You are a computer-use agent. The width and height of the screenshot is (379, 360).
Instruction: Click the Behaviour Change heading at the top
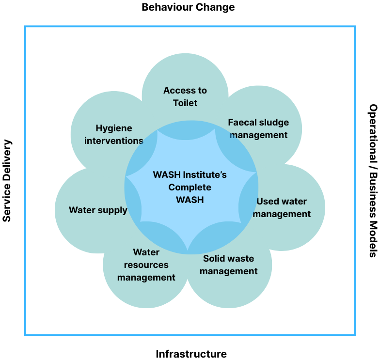coord(188,7)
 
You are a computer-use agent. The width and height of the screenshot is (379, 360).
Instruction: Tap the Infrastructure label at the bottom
coord(191,354)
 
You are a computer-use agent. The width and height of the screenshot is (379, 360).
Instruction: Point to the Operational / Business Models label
coord(372,180)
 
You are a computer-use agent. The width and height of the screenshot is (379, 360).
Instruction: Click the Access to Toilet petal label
coord(185,96)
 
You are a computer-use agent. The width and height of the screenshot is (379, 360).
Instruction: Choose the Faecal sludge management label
coord(258,128)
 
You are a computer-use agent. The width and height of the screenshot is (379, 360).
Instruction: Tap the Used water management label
coord(282,207)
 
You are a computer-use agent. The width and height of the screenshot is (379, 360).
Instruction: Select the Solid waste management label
coord(228,265)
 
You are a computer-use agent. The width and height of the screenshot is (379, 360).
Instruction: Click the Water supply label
coord(98,210)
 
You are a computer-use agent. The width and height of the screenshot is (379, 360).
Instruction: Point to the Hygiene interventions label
coord(114,134)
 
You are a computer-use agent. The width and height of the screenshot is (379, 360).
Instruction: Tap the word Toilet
coord(185,103)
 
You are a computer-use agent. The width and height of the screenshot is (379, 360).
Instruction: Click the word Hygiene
coord(114,128)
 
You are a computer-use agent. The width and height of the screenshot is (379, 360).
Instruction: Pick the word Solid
coord(215,258)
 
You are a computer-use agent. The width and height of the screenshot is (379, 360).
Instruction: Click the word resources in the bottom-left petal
coord(146,265)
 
